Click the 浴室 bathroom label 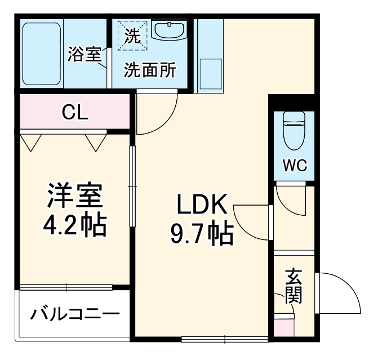click(85, 55)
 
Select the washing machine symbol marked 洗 click(132, 37)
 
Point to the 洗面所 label click(150, 70)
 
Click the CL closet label click(75, 113)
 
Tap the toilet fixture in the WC click(293, 131)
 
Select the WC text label click(294, 166)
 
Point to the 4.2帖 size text click(74, 225)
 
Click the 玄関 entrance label click(292, 286)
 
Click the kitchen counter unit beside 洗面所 click(209, 56)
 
